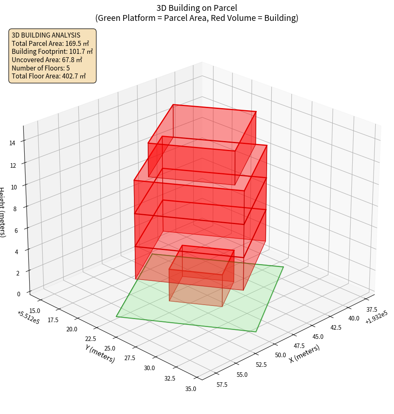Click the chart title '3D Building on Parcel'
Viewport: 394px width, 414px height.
click(197, 8)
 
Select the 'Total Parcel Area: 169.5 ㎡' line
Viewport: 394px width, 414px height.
click(50, 43)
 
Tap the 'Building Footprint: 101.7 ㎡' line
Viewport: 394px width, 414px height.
click(52, 51)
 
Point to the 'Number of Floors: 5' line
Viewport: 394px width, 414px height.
click(40, 68)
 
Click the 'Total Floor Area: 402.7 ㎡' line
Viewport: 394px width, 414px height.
click(48, 76)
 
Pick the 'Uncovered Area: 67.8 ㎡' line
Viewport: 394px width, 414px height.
click(47, 60)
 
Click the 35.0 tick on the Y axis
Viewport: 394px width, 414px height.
click(191, 389)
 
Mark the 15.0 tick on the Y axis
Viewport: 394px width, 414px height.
click(35, 310)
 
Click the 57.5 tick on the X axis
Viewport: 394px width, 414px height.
click(222, 385)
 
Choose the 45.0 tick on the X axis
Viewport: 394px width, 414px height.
click(318, 337)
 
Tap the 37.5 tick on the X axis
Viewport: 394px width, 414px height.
click(371, 310)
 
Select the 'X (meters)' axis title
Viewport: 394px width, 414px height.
click(305, 353)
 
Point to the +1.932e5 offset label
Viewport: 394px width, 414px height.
click(376, 317)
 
